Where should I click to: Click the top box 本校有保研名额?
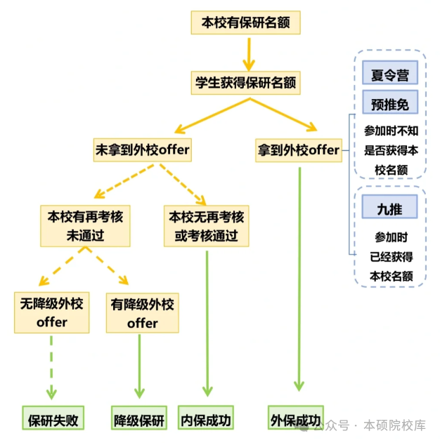245,22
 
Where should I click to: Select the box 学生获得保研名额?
245,83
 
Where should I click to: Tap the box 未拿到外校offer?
143,150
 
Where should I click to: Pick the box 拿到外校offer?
299,150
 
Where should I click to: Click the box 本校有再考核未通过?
84,226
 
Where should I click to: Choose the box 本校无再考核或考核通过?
207,226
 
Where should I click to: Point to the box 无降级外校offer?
51,313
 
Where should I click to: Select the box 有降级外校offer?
142,313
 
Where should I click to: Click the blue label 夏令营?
390,74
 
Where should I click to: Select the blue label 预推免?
390,104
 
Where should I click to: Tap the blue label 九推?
390,207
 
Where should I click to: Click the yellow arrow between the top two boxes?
247,51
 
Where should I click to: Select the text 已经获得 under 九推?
391,256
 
